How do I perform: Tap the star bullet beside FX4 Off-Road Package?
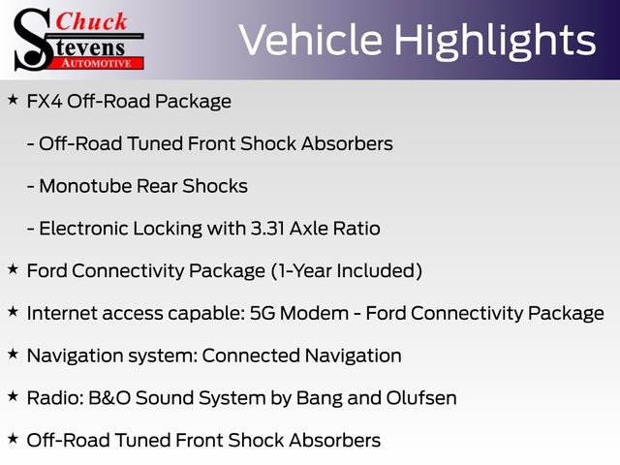point(12,100)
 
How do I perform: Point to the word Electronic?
point(82,229)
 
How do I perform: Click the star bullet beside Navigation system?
point(12,355)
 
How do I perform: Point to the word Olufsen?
point(418,397)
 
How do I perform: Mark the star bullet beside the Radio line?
point(12,396)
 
